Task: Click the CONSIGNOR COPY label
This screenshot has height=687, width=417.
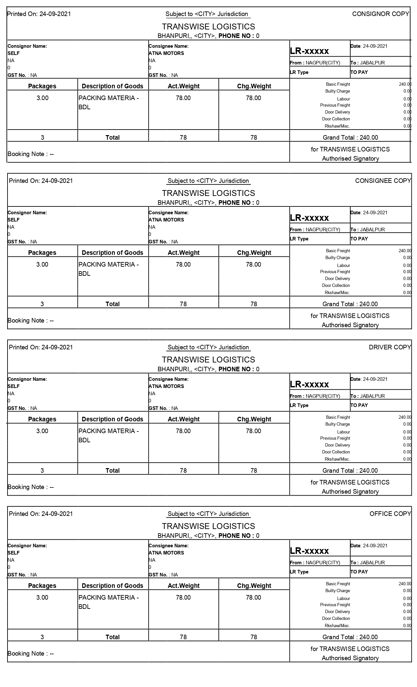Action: tap(380, 14)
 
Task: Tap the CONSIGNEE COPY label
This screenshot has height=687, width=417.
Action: tap(383, 181)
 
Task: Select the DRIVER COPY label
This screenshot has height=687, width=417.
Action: tap(390, 347)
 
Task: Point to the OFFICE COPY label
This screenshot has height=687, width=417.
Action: tap(390, 514)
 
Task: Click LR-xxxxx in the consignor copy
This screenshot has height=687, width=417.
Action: tap(309, 51)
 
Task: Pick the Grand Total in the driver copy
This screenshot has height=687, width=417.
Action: tap(350, 470)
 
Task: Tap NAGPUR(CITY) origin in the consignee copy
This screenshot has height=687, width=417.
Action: tap(323, 229)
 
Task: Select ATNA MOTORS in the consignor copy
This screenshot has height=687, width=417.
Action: tap(166, 53)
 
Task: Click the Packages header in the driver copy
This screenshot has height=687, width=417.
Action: tap(42, 419)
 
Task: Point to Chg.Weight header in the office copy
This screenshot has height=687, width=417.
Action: tap(254, 586)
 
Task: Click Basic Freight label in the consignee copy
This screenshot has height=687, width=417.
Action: tap(338, 251)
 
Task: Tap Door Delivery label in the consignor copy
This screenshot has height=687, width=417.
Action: tap(338, 112)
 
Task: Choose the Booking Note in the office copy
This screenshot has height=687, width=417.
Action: tap(31, 653)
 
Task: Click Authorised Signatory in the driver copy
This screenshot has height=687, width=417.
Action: tap(350, 491)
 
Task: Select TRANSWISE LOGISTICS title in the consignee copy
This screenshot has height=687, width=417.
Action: tap(208, 193)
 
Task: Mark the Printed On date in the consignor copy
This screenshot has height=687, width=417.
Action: tap(39, 14)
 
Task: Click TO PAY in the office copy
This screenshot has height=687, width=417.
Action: tap(359, 572)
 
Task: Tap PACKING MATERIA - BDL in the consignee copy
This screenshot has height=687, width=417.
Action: tap(109, 269)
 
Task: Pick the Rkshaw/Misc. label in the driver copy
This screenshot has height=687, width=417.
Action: tap(337, 459)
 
